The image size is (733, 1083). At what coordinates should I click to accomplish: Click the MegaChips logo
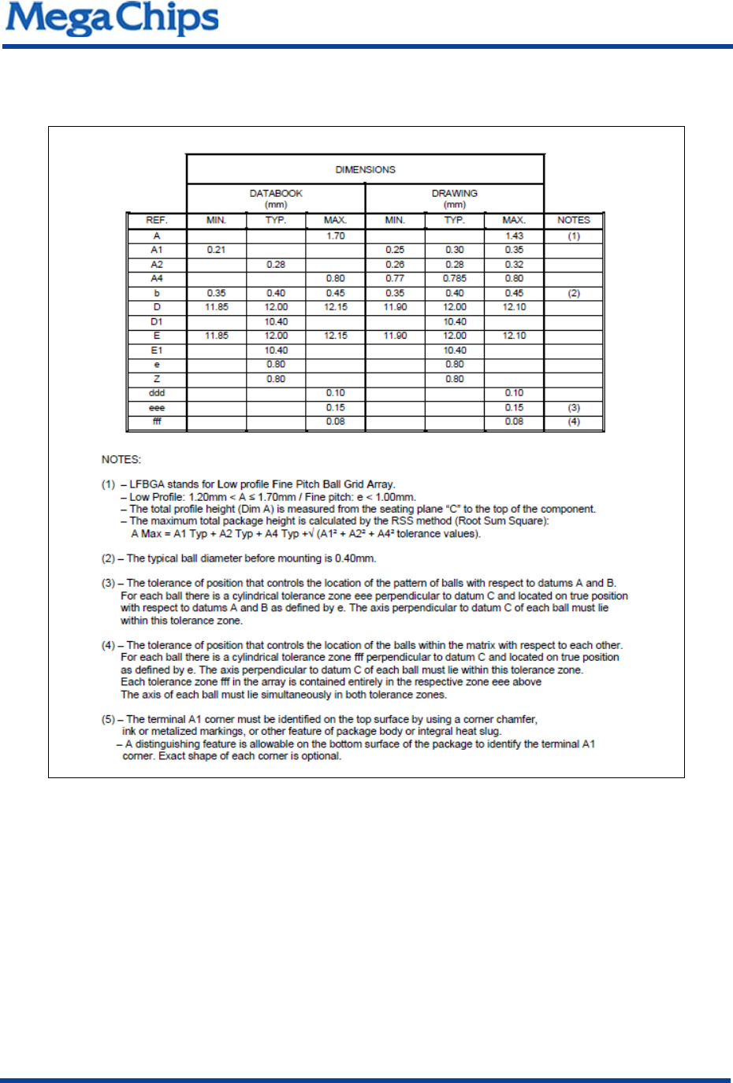coord(112,19)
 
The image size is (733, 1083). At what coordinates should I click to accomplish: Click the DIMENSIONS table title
coord(365,169)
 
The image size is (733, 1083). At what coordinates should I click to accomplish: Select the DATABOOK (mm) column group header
coord(276,198)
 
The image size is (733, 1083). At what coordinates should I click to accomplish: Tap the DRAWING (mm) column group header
coord(454,198)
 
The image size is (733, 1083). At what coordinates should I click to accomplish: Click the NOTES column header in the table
coord(573,221)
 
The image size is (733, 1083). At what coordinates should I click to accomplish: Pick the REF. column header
coord(157,221)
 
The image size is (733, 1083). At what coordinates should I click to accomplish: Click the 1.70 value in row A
coord(336,236)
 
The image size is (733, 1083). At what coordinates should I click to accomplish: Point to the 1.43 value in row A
coord(514,236)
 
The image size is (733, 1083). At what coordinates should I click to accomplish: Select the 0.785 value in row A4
coord(454,278)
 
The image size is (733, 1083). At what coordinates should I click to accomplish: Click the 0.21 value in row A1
coord(216,250)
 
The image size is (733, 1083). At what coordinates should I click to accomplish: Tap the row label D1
coord(157,321)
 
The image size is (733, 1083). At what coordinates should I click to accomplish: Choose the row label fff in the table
coord(157,421)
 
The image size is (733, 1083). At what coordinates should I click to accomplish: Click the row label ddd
coord(157,393)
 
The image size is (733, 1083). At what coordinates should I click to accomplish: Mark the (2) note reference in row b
coord(573,293)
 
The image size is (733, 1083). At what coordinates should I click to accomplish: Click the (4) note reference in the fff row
coord(573,421)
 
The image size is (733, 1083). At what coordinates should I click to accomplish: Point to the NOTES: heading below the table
coord(121,459)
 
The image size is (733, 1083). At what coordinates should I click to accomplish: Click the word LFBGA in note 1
coord(147,484)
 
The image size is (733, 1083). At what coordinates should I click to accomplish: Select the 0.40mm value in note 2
coord(355,558)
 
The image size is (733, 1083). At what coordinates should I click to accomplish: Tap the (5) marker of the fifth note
coord(108,719)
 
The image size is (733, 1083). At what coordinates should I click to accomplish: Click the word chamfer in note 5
coord(518,719)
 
